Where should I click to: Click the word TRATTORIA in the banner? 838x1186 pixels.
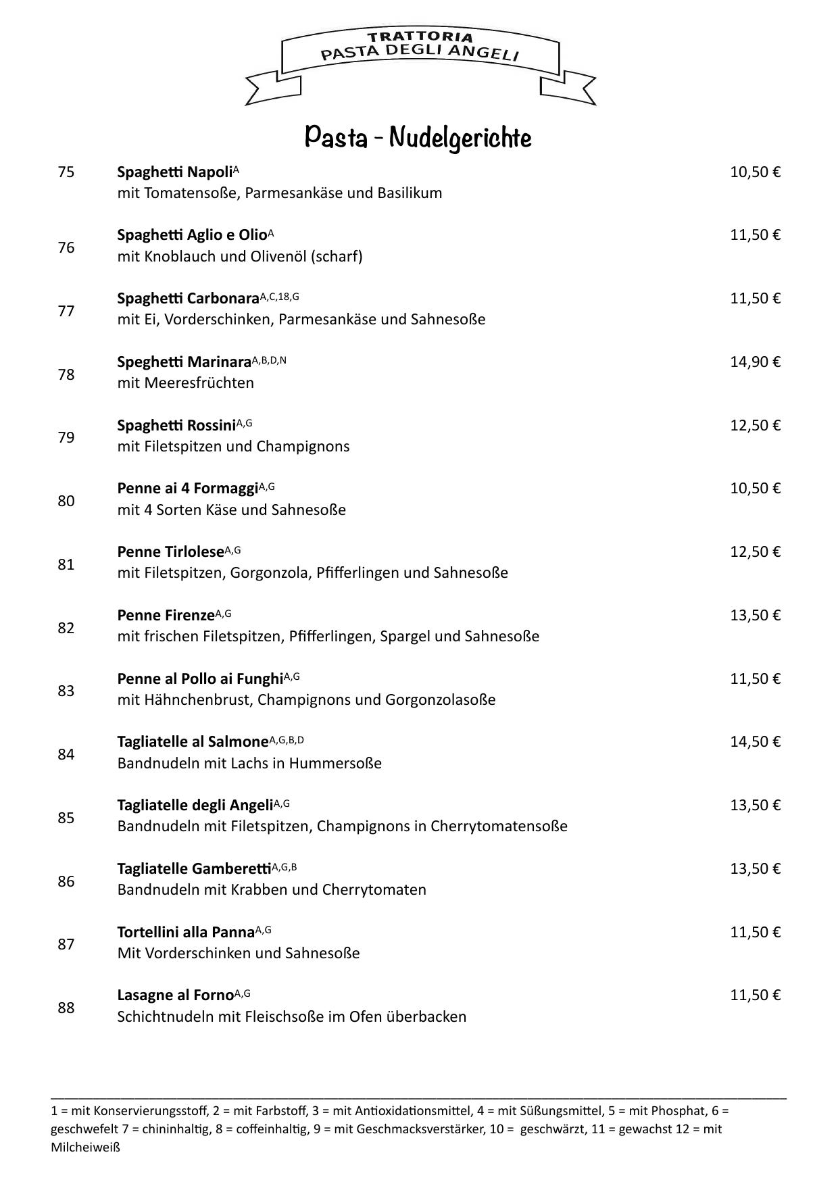[x=420, y=36]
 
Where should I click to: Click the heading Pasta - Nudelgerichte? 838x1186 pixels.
[x=418, y=137]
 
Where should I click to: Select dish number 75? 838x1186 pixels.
[x=66, y=172]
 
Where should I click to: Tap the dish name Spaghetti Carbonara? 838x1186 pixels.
[x=188, y=299]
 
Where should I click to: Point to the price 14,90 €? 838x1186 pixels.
[x=755, y=362]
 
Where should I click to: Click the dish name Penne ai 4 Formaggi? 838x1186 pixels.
[x=188, y=489]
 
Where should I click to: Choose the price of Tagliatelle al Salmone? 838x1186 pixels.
[x=755, y=742]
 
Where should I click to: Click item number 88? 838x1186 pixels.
[x=66, y=1008]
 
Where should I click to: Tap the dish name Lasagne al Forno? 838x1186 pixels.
[x=175, y=995]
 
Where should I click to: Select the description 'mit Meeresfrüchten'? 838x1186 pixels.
[x=185, y=383]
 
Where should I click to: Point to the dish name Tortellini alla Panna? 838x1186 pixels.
[x=186, y=933]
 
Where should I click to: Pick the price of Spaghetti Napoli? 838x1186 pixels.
[x=755, y=172]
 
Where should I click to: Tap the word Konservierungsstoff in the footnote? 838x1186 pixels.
[x=150, y=1111]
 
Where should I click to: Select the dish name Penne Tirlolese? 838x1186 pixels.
[x=170, y=552]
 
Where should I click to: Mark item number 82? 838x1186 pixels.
[x=66, y=628]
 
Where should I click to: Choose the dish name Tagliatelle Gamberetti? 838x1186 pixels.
[x=194, y=869]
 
